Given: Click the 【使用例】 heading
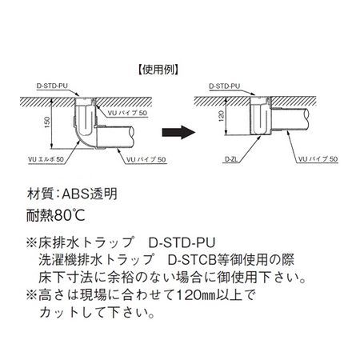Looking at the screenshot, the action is click(x=158, y=70).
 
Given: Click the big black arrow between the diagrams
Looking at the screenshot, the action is click(x=178, y=132).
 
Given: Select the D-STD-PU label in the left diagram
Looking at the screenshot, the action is click(x=52, y=86).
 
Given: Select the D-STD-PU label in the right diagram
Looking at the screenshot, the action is click(x=225, y=86).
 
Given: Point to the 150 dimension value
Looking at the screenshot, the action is click(x=47, y=122).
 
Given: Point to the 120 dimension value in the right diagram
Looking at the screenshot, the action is click(x=222, y=116).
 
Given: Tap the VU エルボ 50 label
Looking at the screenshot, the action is click(x=46, y=159).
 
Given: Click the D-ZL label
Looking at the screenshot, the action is click(x=231, y=159).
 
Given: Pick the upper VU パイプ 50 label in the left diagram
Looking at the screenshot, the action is click(x=127, y=113).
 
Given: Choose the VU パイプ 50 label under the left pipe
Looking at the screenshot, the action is click(x=146, y=159).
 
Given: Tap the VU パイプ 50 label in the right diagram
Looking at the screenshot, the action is click(x=318, y=159).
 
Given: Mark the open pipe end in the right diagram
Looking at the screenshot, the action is click(x=306, y=118).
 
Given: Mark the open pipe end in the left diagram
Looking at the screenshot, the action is click(x=132, y=136).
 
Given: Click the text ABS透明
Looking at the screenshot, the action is click(x=90, y=194).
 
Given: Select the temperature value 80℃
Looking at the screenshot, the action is click(x=70, y=215).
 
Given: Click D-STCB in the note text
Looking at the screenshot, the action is click(x=192, y=260).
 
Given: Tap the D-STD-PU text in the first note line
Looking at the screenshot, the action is click(x=182, y=242).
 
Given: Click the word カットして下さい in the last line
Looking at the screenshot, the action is click(x=97, y=313).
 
